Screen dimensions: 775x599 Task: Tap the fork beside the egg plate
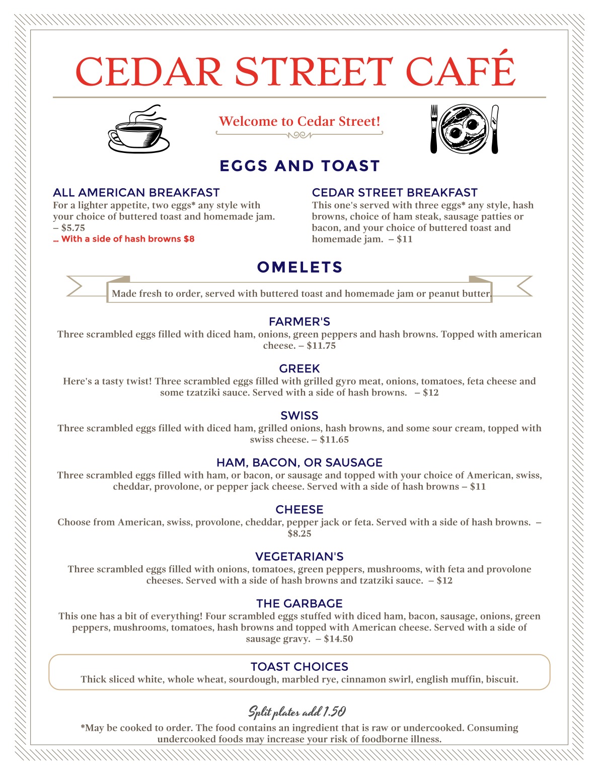point(434,129)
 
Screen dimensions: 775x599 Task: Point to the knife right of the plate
point(495,129)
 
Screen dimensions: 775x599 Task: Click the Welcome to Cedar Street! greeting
point(299,121)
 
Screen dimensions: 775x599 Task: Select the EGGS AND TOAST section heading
point(299,166)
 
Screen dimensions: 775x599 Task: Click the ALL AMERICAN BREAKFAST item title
point(136,193)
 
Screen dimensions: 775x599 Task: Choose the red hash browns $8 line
point(124,239)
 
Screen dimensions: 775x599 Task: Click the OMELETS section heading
point(299,267)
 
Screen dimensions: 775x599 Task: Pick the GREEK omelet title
point(299,369)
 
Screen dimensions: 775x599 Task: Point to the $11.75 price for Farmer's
point(321,346)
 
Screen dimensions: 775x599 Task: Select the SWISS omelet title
point(299,416)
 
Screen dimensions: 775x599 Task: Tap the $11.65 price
point(334,440)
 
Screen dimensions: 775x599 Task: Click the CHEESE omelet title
point(299,510)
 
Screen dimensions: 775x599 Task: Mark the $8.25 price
point(299,533)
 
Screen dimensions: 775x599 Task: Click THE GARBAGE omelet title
point(299,603)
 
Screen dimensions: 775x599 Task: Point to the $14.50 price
point(338,639)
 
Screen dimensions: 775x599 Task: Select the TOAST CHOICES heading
point(299,667)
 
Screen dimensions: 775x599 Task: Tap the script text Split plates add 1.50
point(297,712)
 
